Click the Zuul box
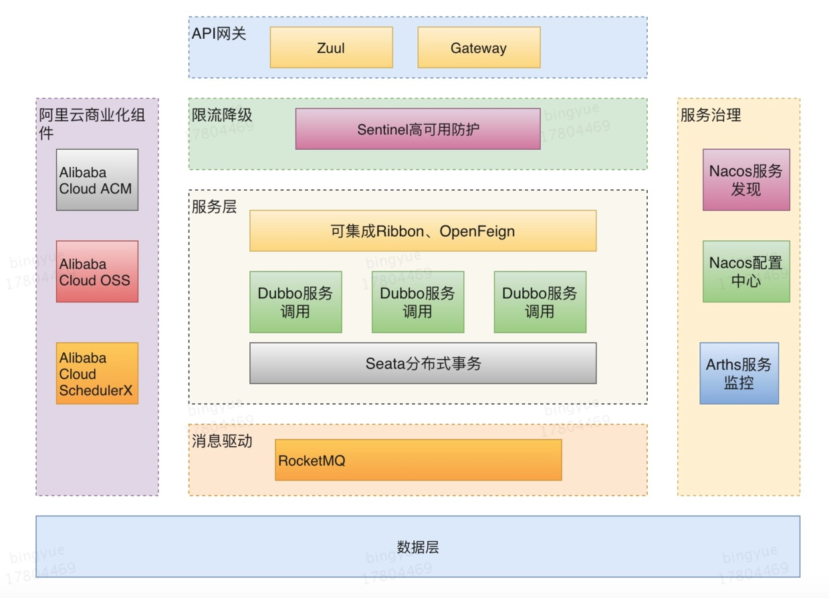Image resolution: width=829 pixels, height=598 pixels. point(331,47)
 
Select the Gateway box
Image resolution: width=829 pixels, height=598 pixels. point(479,47)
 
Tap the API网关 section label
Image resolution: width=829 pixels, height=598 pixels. point(219,33)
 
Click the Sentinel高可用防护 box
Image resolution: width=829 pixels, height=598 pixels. point(418,129)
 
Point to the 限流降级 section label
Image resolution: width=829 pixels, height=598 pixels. point(222,115)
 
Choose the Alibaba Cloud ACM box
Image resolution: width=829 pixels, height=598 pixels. point(97,180)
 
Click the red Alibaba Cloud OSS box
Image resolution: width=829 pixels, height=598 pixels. point(97,272)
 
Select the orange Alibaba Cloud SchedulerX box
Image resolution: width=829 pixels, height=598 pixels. point(97,373)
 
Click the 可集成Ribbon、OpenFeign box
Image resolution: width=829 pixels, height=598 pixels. point(423,231)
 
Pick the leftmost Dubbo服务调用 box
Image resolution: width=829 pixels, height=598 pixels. point(295,302)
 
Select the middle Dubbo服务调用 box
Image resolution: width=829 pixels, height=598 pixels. point(418,302)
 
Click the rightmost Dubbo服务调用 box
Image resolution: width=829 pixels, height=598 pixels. point(540,302)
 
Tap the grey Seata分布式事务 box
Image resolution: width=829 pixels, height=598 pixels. point(423,363)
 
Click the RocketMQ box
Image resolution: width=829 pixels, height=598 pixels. point(418,460)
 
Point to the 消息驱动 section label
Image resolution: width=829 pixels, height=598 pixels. point(222,441)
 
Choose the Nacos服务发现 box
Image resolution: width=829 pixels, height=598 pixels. point(746,180)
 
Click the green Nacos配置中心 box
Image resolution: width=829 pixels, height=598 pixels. point(746,272)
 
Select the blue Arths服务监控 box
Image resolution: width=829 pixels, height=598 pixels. point(739,373)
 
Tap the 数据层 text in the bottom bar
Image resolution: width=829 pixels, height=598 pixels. point(418,547)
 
